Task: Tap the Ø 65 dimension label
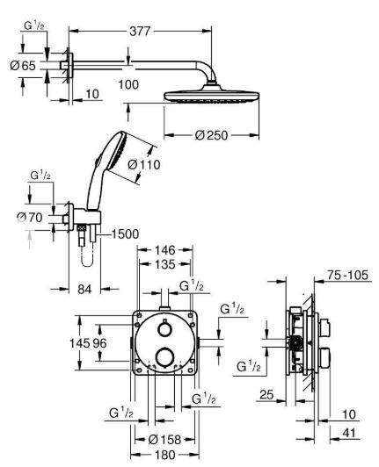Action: (24, 65)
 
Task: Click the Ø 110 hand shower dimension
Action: (143, 164)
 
